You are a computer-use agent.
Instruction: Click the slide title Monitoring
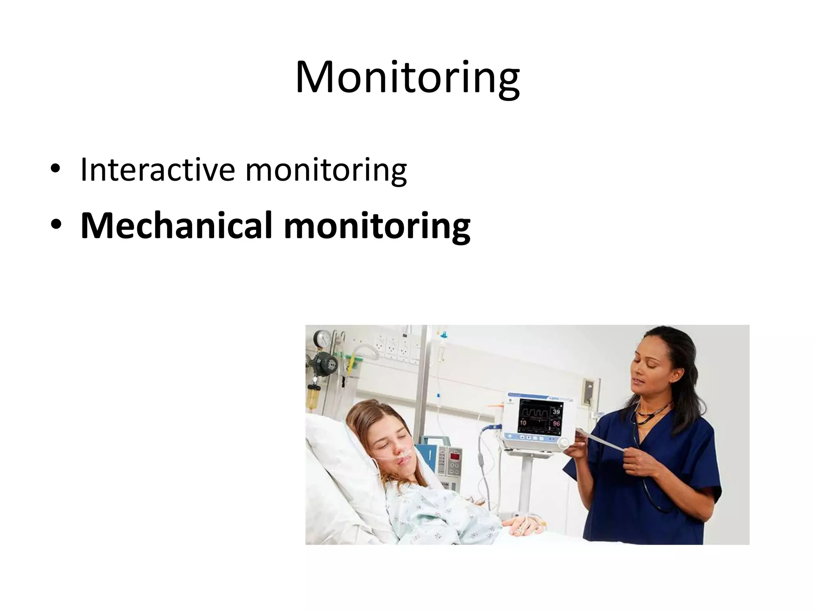[407, 78]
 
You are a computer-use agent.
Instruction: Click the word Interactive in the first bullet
[157, 170]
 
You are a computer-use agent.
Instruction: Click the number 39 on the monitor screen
[556, 412]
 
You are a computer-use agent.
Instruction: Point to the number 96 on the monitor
[556, 424]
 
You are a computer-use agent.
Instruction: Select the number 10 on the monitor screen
[523, 423]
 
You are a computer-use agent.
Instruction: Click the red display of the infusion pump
[454, 456]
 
